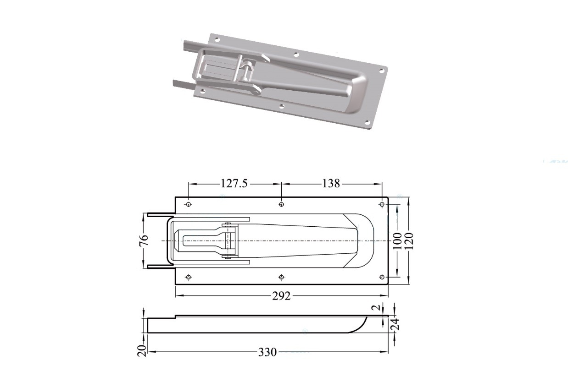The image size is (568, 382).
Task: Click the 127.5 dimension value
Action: pos(234,184)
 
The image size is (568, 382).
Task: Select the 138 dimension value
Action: pos(331,184)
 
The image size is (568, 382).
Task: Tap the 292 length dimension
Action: pos(281,296)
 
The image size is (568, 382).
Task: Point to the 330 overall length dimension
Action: pos(267,352)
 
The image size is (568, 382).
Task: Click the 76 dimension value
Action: pos(144,240)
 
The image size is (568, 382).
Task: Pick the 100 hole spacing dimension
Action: pos(397,240)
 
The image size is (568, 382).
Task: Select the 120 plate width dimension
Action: pos(409,240)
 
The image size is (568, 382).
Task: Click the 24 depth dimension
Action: pos(395,324)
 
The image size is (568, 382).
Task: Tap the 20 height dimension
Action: pos(143,350)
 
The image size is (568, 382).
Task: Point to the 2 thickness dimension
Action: pos(378,307)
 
